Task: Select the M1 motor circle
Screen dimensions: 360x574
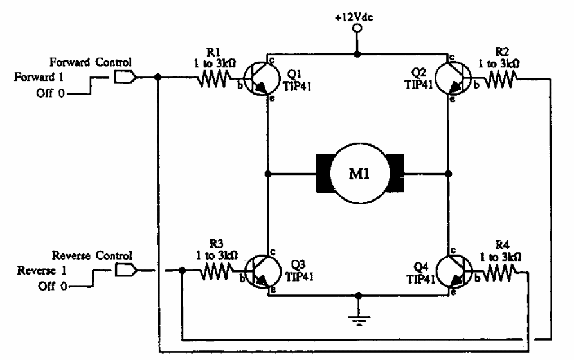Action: pyautogui.click(x=359, y=174)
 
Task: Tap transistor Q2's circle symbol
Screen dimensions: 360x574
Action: pyautogui.click(x=452, y=78)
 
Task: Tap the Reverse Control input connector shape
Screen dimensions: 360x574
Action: pyautogui.click(x=125, y=271)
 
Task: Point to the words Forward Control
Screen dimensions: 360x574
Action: pyautogui.click(x=91, y=62)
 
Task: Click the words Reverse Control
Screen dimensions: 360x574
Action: pyautogui.click(x=92, y=256)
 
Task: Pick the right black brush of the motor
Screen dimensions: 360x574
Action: pyautogui.click(x=395, y=174)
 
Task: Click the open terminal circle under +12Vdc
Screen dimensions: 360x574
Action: pyautogui.click(x=356, y=29)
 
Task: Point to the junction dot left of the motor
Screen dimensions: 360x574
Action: pyautogui.click(x=267, y=174)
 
